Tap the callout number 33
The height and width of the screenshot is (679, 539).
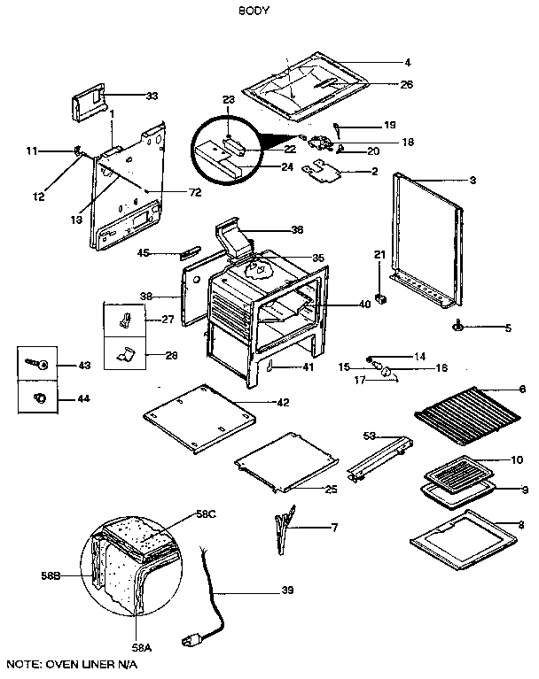pos(152,95)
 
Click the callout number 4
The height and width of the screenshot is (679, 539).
pos(407,63)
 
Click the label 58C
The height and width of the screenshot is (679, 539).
pos(206,513)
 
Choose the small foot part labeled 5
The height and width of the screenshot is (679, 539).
pos(461,328)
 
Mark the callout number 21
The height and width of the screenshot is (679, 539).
pos(379,255)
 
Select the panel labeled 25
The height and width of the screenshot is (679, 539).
pos(287,462)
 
